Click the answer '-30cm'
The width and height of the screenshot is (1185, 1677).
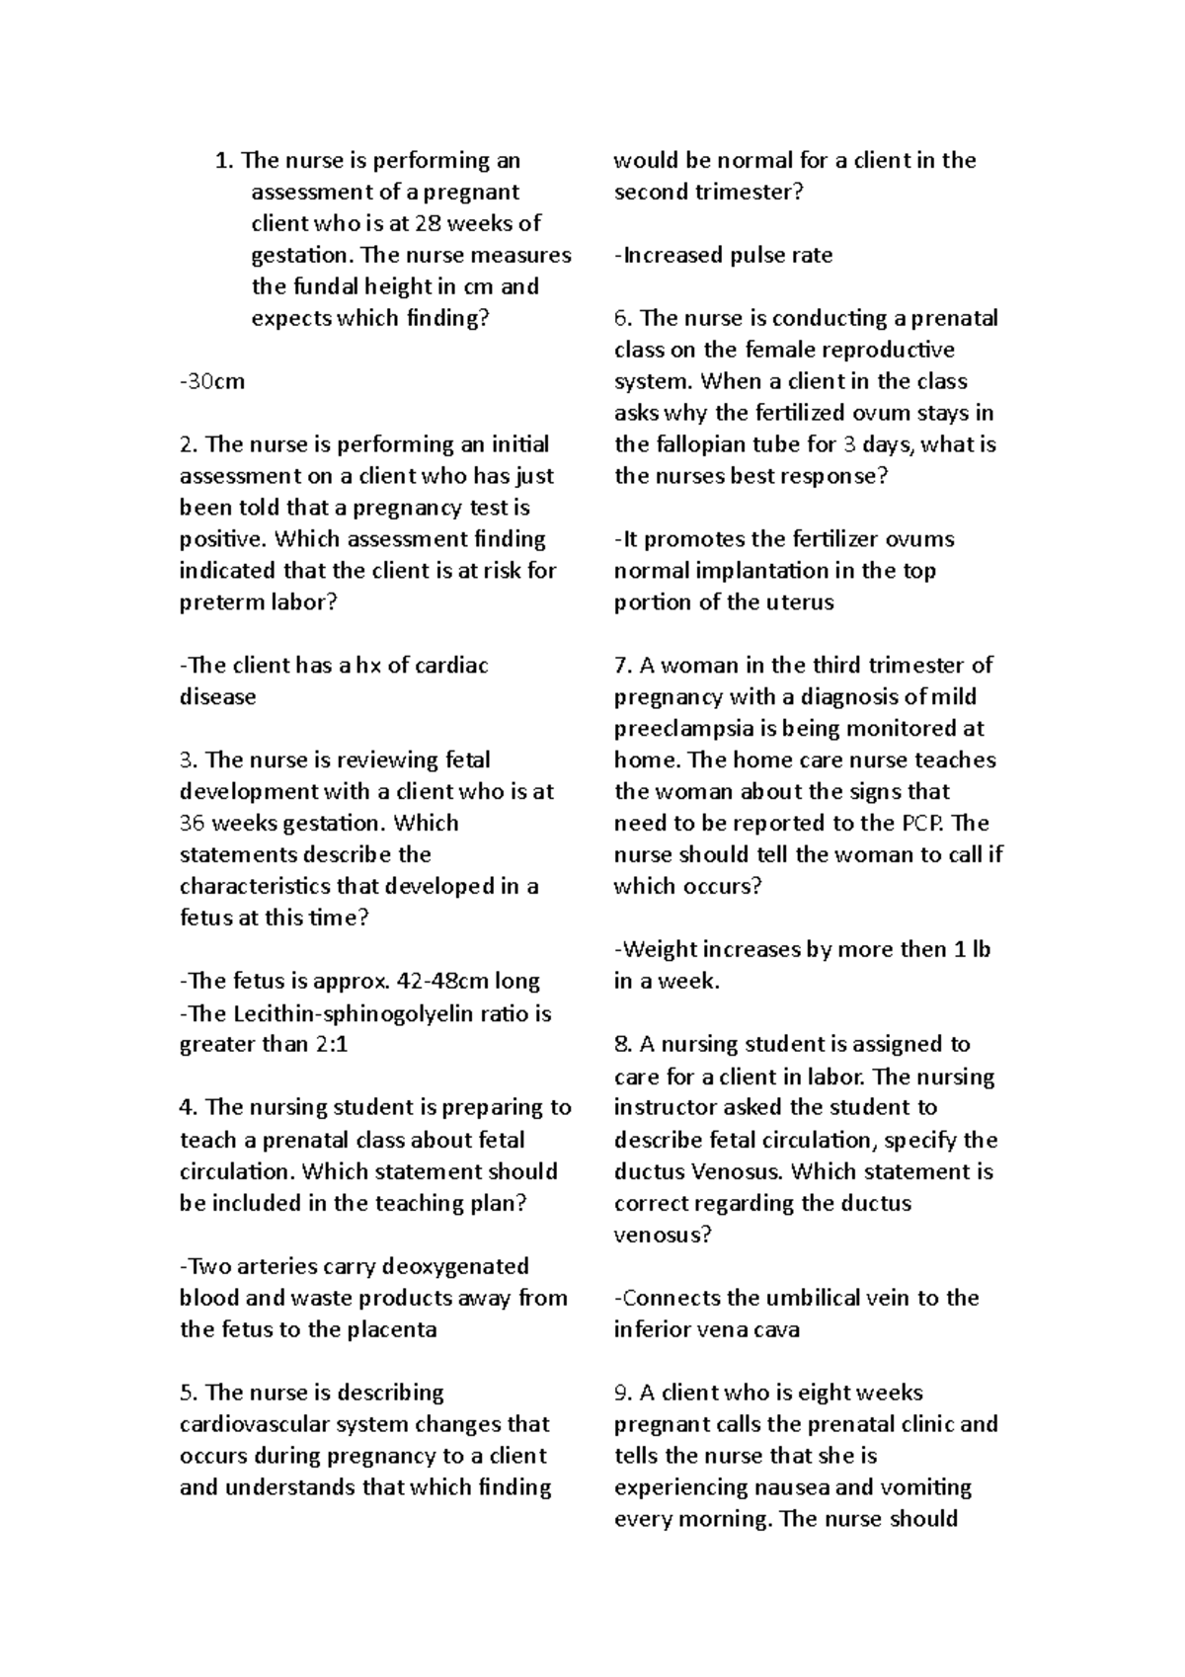[x=212, y=381]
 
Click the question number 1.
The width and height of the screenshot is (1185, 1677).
[x=224, y=160]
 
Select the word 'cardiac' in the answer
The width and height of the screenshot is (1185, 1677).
[x=449, y=666]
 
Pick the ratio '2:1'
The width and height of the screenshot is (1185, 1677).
[x=332, y=1045]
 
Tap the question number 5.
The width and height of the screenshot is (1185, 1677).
[x=189, y=1393]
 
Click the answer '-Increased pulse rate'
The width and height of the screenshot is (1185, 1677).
[x=724, y=255]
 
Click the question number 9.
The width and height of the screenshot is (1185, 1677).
[x=622, y=1393]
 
